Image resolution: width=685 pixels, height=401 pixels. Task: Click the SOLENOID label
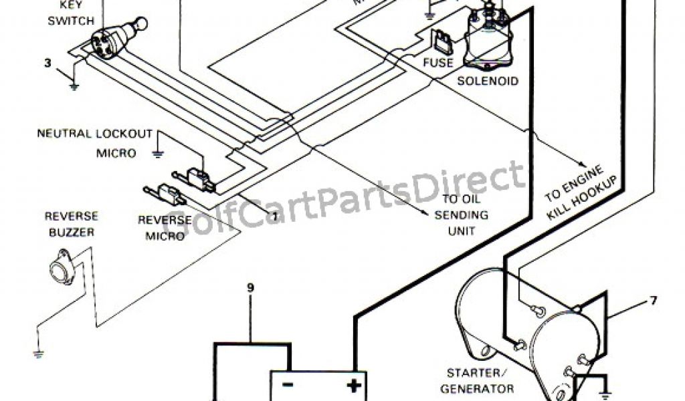488,82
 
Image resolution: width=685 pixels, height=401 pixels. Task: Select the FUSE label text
438,63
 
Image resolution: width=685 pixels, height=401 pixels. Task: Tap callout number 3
47,63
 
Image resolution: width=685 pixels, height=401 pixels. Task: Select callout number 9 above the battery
250,288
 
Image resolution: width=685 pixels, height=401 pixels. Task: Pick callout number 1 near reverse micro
274,215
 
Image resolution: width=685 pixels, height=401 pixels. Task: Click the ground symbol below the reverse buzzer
39,353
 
